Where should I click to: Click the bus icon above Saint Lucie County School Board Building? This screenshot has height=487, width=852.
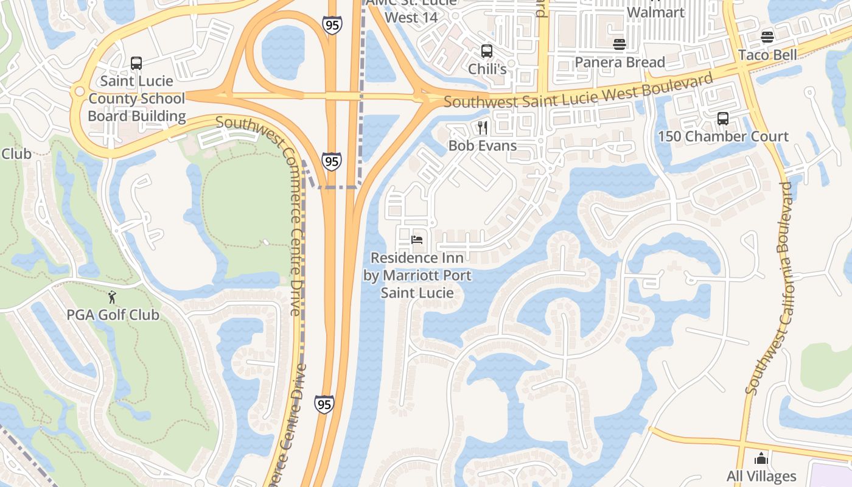pyautogui.click(x=136, y=63)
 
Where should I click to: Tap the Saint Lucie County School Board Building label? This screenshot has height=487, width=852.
pyautogui.click(x=136, y=99)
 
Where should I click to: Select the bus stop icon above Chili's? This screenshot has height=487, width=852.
pyautogui.click(x=487, y=51)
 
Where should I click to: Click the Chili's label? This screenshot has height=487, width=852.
pyautogui.click(x=487, y=69)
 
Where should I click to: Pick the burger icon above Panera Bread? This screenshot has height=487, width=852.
pyautogui.click(x=620, y=44)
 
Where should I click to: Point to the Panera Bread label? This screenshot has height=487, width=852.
pyautogui.click(x=620, y=62)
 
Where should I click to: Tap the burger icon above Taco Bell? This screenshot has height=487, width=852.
pyautogui.click(x=767, y=37)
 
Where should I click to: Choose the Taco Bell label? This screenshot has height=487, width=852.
pyautogui.click(x=767, y=55)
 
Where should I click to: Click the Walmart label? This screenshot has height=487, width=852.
pyautogui.click(x=655, y=12)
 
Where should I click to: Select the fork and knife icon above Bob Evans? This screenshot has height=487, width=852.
pyautogui.click(x=483, y=127)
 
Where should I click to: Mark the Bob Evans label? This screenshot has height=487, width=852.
pyautogui.click(x=483, y=145)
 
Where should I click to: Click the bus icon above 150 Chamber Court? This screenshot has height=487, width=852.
pyautogui.click(x=723, y=119)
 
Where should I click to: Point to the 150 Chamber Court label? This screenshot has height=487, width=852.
pyautogui.click(x=723, y=136)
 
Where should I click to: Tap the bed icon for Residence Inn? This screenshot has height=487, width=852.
pyautogui.click(x=417, y=239)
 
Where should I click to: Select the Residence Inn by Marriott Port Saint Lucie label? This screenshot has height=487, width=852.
pyautogui.click(x=417, y=275)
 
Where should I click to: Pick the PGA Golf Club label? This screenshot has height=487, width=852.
pyautogui.click(x=114, y=315)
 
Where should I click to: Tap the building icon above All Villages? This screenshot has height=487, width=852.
pyautogui.click(x=761, y=458)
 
